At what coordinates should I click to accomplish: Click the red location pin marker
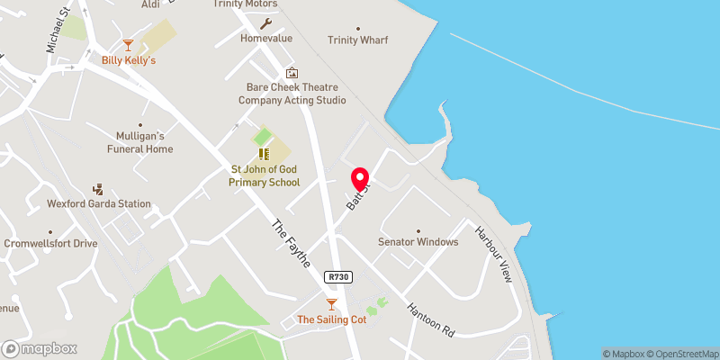(361, 179)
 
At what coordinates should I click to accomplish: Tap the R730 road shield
(338, 278)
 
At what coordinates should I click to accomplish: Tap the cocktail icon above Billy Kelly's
(129, 44)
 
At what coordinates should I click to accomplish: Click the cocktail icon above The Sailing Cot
(331, 304)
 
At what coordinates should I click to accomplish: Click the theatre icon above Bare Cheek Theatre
(291, 72)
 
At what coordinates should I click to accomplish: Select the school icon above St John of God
(265, 154)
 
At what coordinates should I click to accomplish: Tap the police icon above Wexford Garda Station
(99, 189)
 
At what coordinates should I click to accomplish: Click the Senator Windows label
(418, 241)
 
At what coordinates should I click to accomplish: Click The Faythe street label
(291, 243)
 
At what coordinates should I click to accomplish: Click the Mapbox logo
(40, 348)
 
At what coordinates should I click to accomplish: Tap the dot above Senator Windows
(418, 229)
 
